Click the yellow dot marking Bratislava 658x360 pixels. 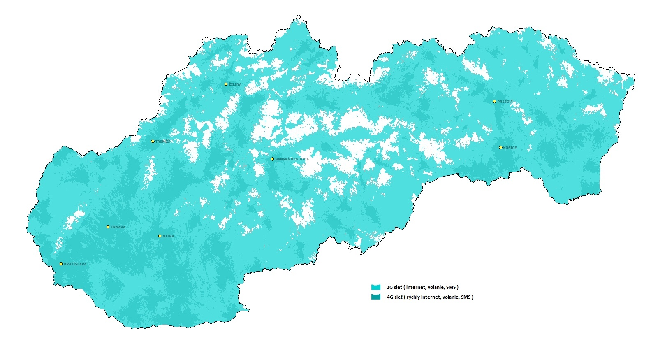point(61,264)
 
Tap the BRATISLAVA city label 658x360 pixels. point(75,264)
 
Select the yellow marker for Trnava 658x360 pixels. point(108,227)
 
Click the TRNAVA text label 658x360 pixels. point(118,227)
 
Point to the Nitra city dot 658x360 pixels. point(160,236)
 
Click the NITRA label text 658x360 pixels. point(168,236)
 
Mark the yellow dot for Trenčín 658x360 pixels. point(153,141)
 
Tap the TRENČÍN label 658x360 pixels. point(163,142)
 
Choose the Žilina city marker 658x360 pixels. point(226,84)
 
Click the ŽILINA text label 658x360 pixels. point(235,84)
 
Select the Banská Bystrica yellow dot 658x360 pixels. point(272,159)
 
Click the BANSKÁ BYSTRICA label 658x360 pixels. point(292,159)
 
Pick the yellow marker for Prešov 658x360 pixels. point(495,101)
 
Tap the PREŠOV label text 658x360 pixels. point(505,102)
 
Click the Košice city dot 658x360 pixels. point(501,147)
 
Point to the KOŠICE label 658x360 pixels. point(510,148)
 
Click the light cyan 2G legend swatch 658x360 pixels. point(376,287)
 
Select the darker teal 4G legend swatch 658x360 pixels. point(376,297)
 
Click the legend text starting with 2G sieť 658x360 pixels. point(422,287)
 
